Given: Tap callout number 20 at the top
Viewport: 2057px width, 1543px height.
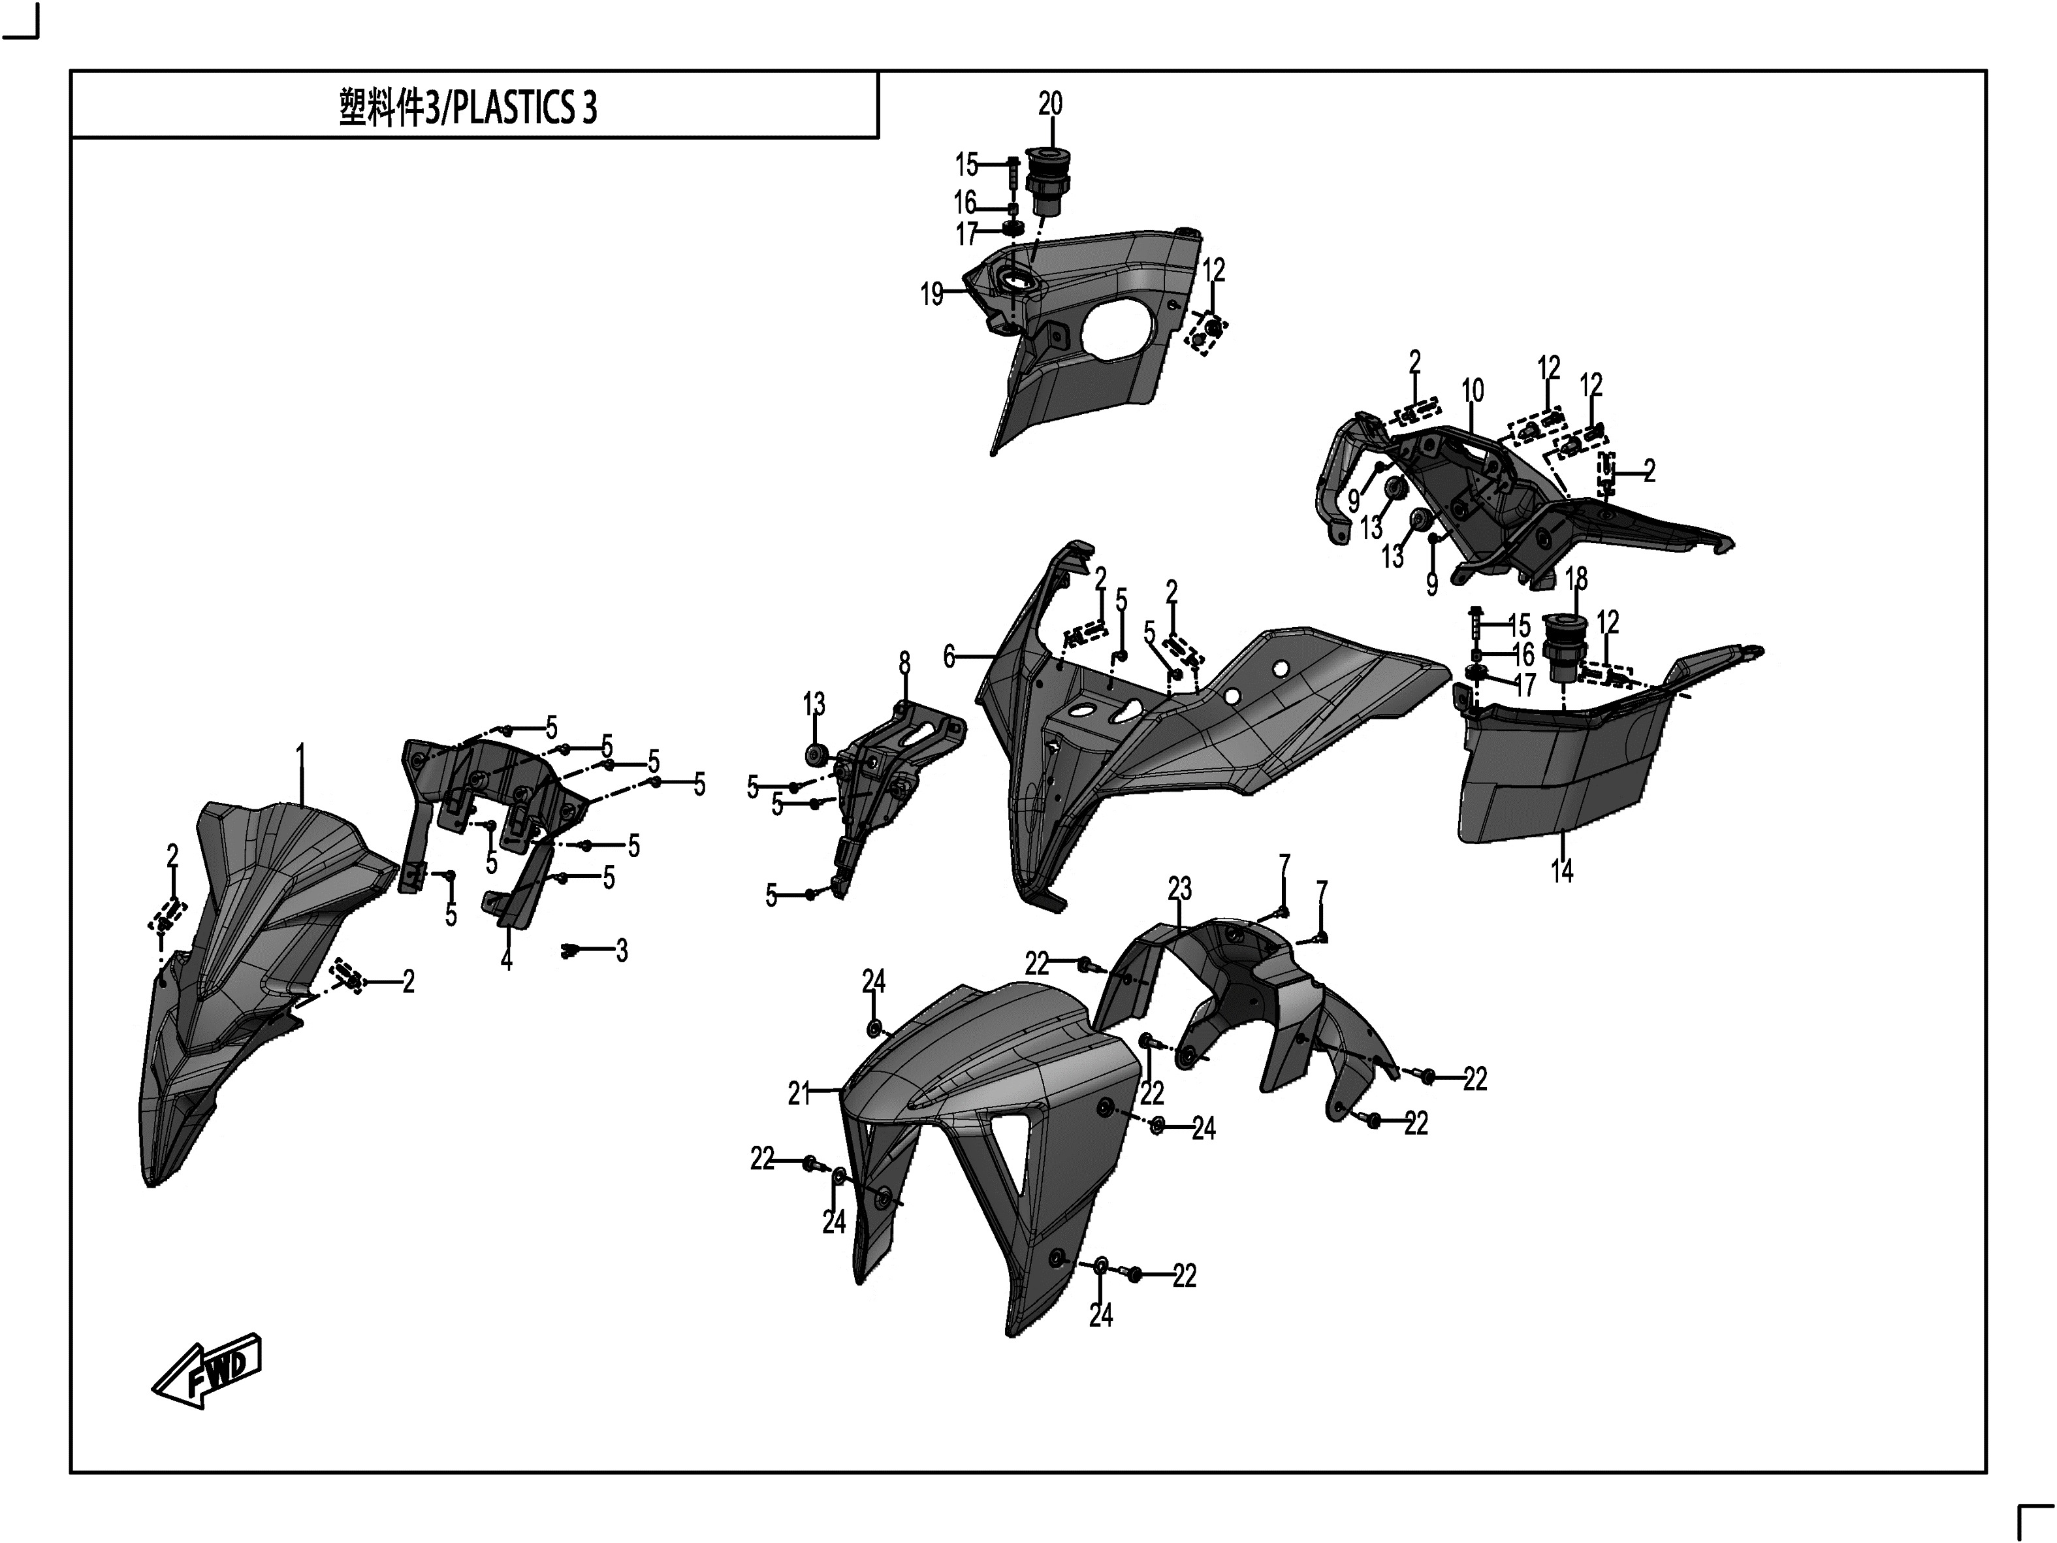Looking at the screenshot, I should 1050,103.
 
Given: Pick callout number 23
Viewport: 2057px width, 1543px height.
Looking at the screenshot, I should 1179,889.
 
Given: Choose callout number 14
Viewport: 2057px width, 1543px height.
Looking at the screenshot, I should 1561,871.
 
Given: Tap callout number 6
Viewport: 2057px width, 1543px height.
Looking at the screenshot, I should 949,657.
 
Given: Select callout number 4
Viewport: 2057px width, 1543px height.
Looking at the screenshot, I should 506,959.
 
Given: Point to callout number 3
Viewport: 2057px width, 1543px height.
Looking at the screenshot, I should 621,950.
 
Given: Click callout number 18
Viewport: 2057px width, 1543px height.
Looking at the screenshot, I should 1576,579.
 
